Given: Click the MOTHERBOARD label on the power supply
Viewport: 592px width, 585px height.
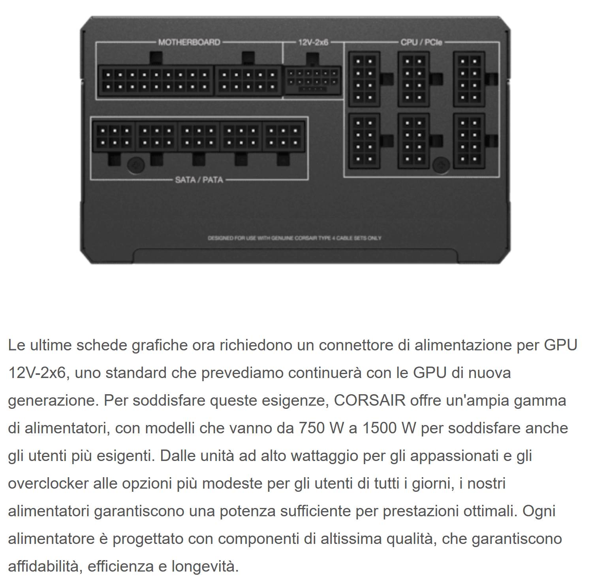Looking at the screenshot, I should (189, 42).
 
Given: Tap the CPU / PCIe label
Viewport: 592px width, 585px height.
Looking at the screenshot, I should (421, 42).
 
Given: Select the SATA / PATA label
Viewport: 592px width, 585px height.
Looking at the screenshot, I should (199, 180).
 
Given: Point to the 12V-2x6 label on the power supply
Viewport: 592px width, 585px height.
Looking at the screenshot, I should (313, 42).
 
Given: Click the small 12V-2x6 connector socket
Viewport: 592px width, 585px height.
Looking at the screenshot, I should (313, 80).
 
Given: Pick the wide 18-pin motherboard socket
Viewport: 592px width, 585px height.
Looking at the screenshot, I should (155, 81).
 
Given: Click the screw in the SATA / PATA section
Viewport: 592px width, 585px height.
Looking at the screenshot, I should (136, 165).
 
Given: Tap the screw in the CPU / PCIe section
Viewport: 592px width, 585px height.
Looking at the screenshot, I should (441, 165).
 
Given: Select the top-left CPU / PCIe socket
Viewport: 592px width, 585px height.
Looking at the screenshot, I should (364, 79).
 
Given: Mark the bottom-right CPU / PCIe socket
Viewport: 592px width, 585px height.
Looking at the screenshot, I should (469, 141).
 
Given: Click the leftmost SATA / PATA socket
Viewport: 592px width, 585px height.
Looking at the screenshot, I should (114, 137).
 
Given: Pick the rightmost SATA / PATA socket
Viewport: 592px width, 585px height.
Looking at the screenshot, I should (284, 137).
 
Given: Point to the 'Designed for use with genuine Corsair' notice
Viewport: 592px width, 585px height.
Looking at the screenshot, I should (295, 238).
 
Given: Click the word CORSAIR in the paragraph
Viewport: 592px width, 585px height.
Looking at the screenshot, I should (370, 401).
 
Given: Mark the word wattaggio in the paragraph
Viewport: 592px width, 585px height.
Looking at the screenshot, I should (324, 456).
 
